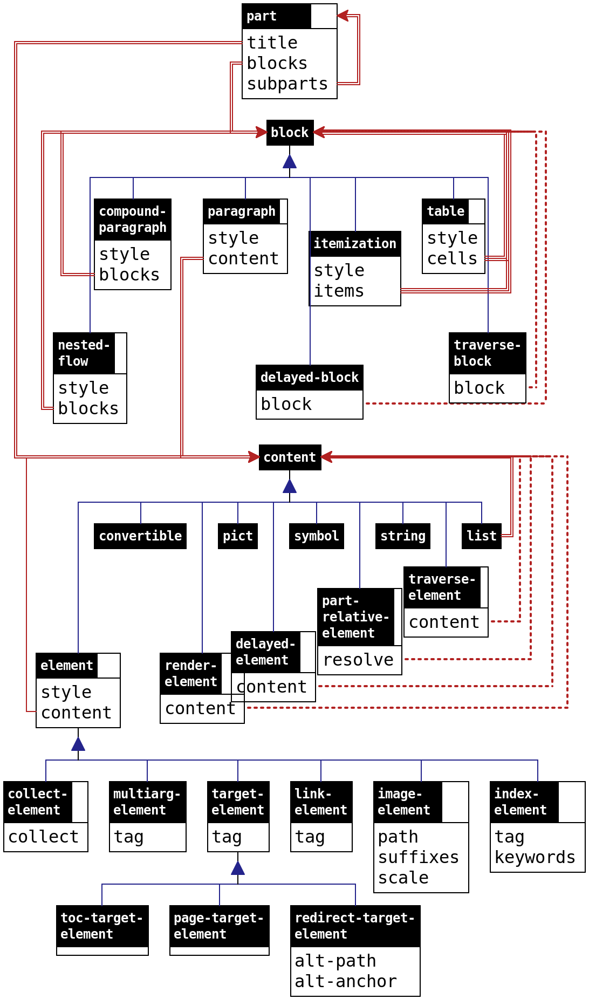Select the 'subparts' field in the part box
287,84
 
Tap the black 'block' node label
290,132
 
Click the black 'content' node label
290,457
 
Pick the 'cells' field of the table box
452,258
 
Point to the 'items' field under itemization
339,291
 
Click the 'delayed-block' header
310,377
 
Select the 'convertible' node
140,536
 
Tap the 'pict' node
238,536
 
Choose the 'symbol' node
317,536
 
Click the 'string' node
403,536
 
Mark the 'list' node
481,536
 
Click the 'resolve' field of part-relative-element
359,659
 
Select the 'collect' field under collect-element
44,837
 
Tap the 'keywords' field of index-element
535,857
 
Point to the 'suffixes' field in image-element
419,857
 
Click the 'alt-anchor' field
346,981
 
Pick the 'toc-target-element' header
102,926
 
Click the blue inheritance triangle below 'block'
290,161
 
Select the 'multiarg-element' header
147,802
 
